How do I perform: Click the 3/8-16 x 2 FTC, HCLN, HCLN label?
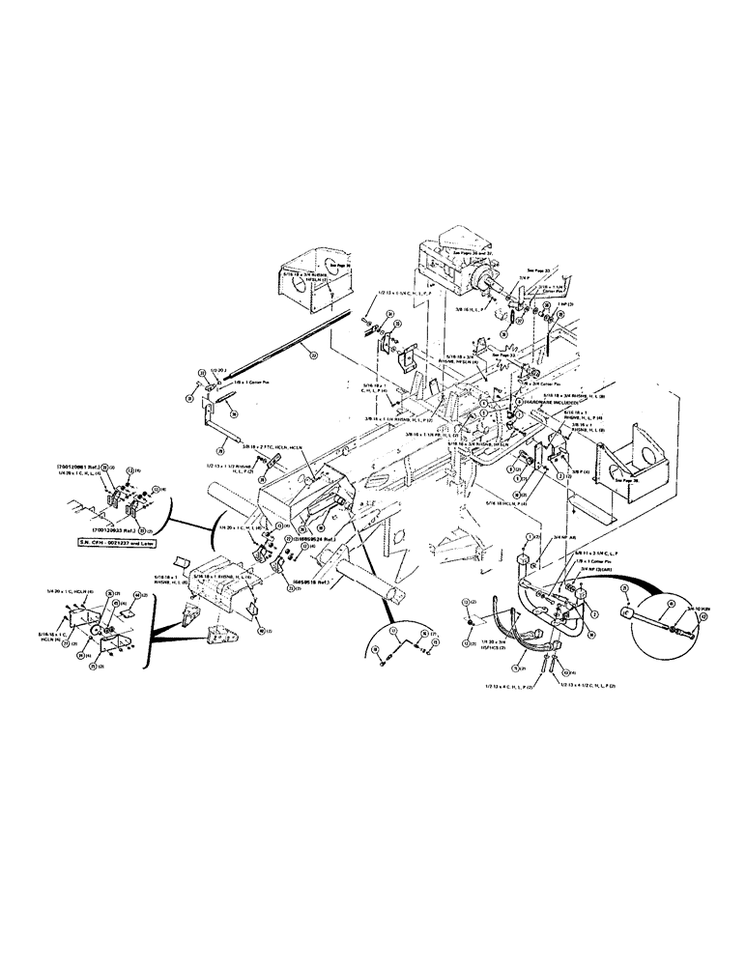[255, 449]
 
